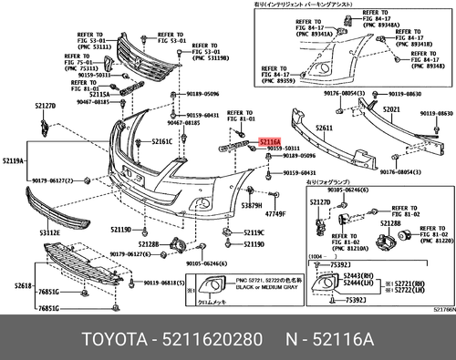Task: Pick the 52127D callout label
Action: tap(46, 107)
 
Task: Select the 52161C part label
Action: tap(161, 142)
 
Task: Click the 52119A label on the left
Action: tap(15, 161)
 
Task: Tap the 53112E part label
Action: tap(50, 232)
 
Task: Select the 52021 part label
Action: tap(391, 108)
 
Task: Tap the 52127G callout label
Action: tap(319, 201)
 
